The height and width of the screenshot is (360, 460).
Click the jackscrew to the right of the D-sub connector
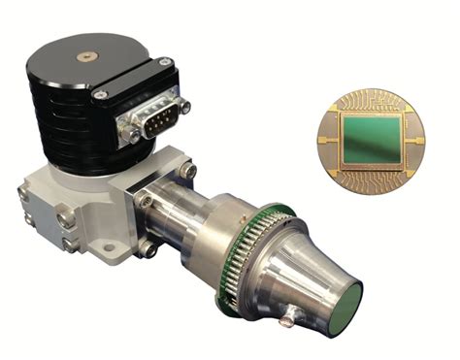click(x=181, y=107)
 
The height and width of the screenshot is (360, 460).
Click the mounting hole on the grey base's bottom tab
click(x=146, y=251)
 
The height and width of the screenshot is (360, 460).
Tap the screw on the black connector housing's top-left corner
click(x=100, y=94)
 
